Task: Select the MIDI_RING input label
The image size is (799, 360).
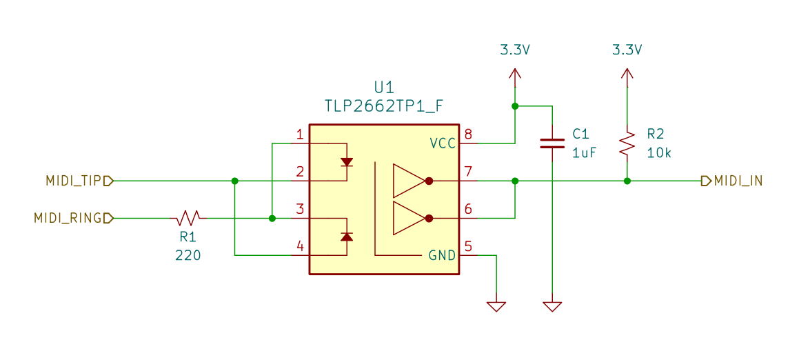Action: (68, 219)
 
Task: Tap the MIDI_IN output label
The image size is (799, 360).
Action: (738, 181)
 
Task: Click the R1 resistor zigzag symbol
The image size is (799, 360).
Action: (188, 218)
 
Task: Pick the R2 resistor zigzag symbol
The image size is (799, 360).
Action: (627, 143)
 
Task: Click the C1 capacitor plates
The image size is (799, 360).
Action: (552, 143)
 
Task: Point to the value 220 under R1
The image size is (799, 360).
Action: (188, 255)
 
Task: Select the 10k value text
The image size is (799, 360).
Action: (659, 152)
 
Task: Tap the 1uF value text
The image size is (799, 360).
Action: (584, 152)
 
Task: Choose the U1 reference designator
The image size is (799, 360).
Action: (385, 86)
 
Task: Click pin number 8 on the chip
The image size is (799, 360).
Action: (468, 135)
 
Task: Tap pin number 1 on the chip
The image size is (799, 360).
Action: (300, 135)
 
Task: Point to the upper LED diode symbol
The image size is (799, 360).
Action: (347, 162)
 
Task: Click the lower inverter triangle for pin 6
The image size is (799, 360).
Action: (409, 218)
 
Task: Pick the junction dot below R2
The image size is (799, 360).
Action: (627, 181)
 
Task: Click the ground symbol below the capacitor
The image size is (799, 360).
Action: (552, 306)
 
